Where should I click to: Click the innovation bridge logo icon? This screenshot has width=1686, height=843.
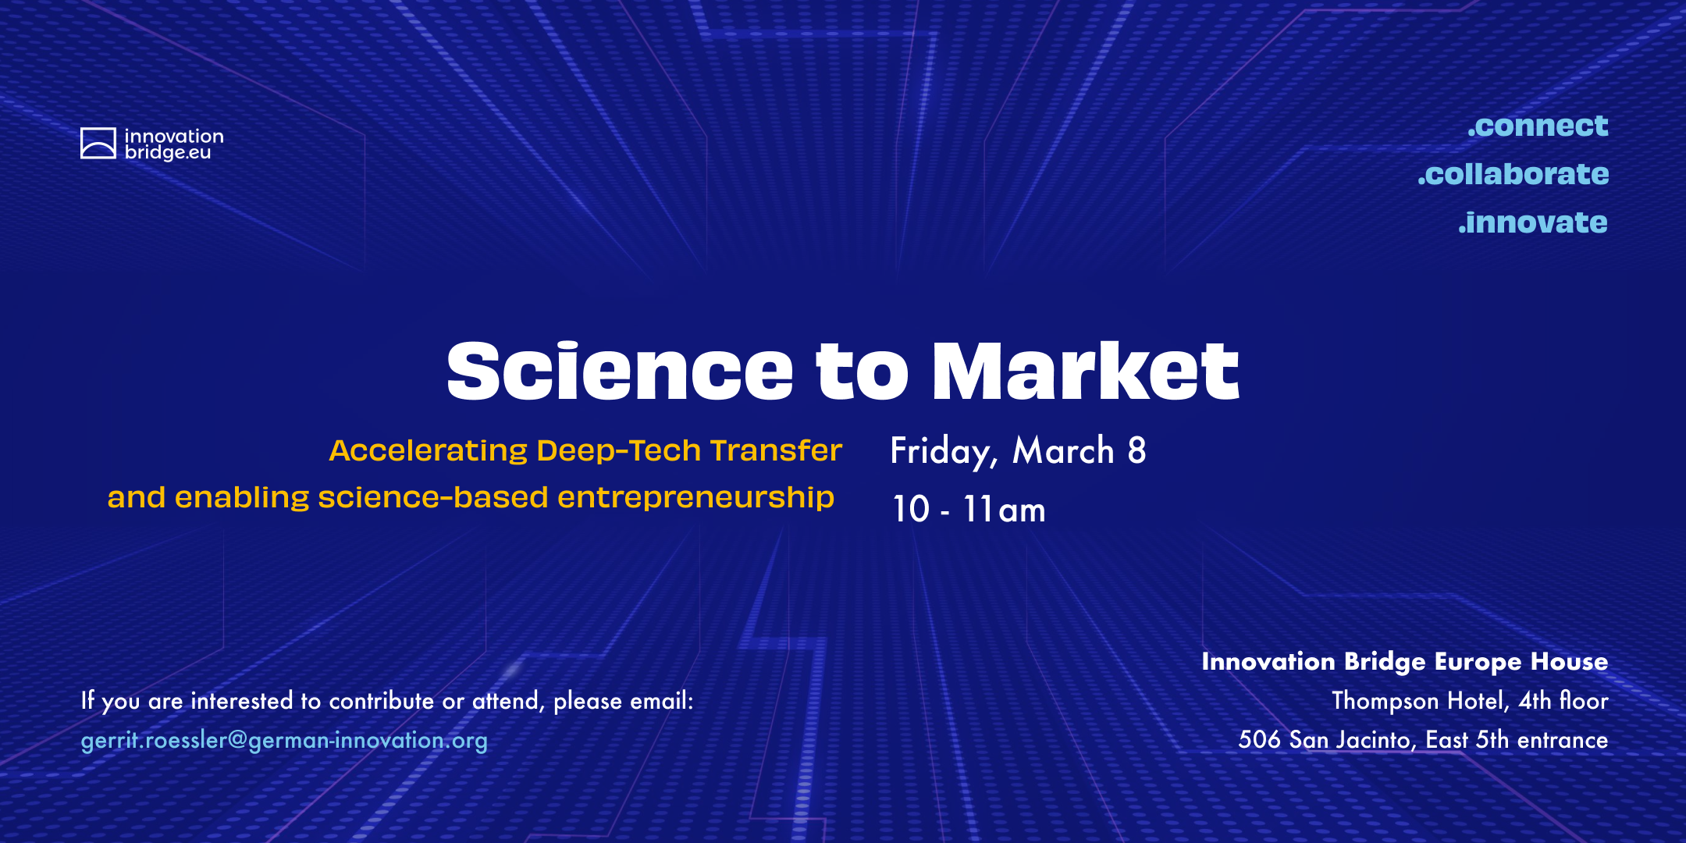(x=98, y=144)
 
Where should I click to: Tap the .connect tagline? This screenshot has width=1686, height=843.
(x=1538, y=126)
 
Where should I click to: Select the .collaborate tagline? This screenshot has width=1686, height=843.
(x=1513, y=173)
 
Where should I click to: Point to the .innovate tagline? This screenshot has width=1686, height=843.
(x=1533, y=222)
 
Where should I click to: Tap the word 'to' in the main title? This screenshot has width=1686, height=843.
(x=863, y=372)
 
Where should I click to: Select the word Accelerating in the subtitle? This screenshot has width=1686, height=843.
(x=429, y=451)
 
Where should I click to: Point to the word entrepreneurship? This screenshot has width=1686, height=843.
(x=695, y=499)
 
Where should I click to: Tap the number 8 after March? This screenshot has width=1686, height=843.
(x=1136, y=450)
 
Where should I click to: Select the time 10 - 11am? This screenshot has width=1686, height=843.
(x=969, y=509)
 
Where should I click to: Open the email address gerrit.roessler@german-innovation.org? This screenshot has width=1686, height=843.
(x=284, y=740)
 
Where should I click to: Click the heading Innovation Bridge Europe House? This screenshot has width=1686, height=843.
(x=1405, y=662)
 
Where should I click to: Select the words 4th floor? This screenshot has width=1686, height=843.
(x=1563, y=700)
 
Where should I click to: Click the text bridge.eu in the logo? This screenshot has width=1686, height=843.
(x=168, y=152)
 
